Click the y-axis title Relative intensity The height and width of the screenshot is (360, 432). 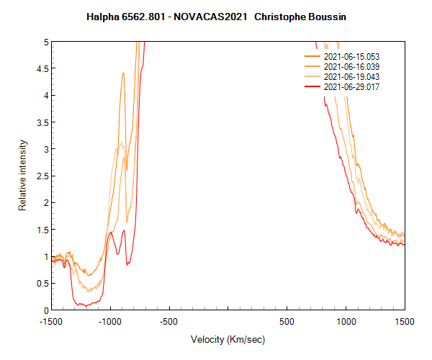22,176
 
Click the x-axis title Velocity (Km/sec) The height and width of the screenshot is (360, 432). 228,339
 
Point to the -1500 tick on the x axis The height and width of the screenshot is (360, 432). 52,321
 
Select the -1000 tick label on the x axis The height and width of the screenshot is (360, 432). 110,321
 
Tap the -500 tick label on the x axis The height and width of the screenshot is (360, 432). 169,321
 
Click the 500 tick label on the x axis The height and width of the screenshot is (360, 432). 287,321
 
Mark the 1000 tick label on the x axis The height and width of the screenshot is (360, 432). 346,321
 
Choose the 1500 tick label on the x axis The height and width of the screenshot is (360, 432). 404,321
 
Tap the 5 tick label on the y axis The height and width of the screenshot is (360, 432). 46,42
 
